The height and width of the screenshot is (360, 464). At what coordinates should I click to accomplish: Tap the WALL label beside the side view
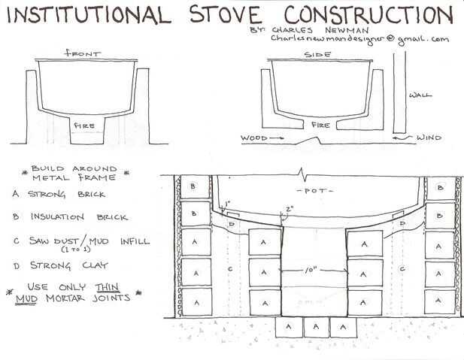click(417, 95)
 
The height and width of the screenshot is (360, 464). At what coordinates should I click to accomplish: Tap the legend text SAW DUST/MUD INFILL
click(84, 241)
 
